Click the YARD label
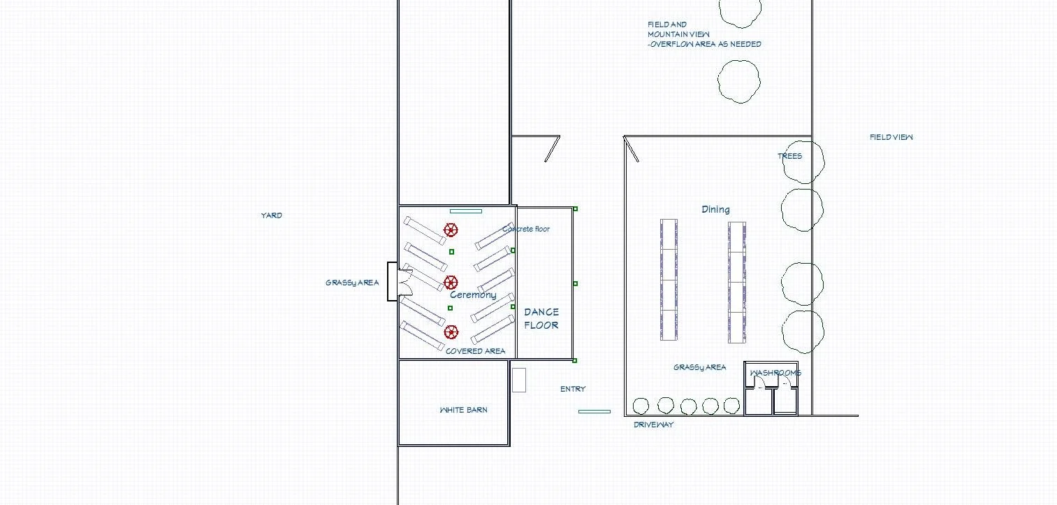[x=272, y=215]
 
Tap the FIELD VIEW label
[x=891, y=137]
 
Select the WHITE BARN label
[x=463, y=410]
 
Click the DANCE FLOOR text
[x=541, y=318]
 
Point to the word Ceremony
[x=473, y=294]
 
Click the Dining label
[x=715, y=209]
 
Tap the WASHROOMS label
[x=775, y=373]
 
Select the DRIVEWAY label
[x=653, y=425]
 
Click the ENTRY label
[x=573, y=389]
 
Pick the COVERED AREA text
[x=475, y=351]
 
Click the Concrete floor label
[x=526, y=229]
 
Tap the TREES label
[x=789, y=156]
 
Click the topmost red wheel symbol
[x=451, y=229]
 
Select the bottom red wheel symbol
[x=451, y=332]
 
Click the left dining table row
[x=669, y=280]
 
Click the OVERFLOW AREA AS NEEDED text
[x=704, y=44]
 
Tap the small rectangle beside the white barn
[x=518, y=380]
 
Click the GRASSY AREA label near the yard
[x=352, y=283]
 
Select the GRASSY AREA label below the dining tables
[x=699, y=367]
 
